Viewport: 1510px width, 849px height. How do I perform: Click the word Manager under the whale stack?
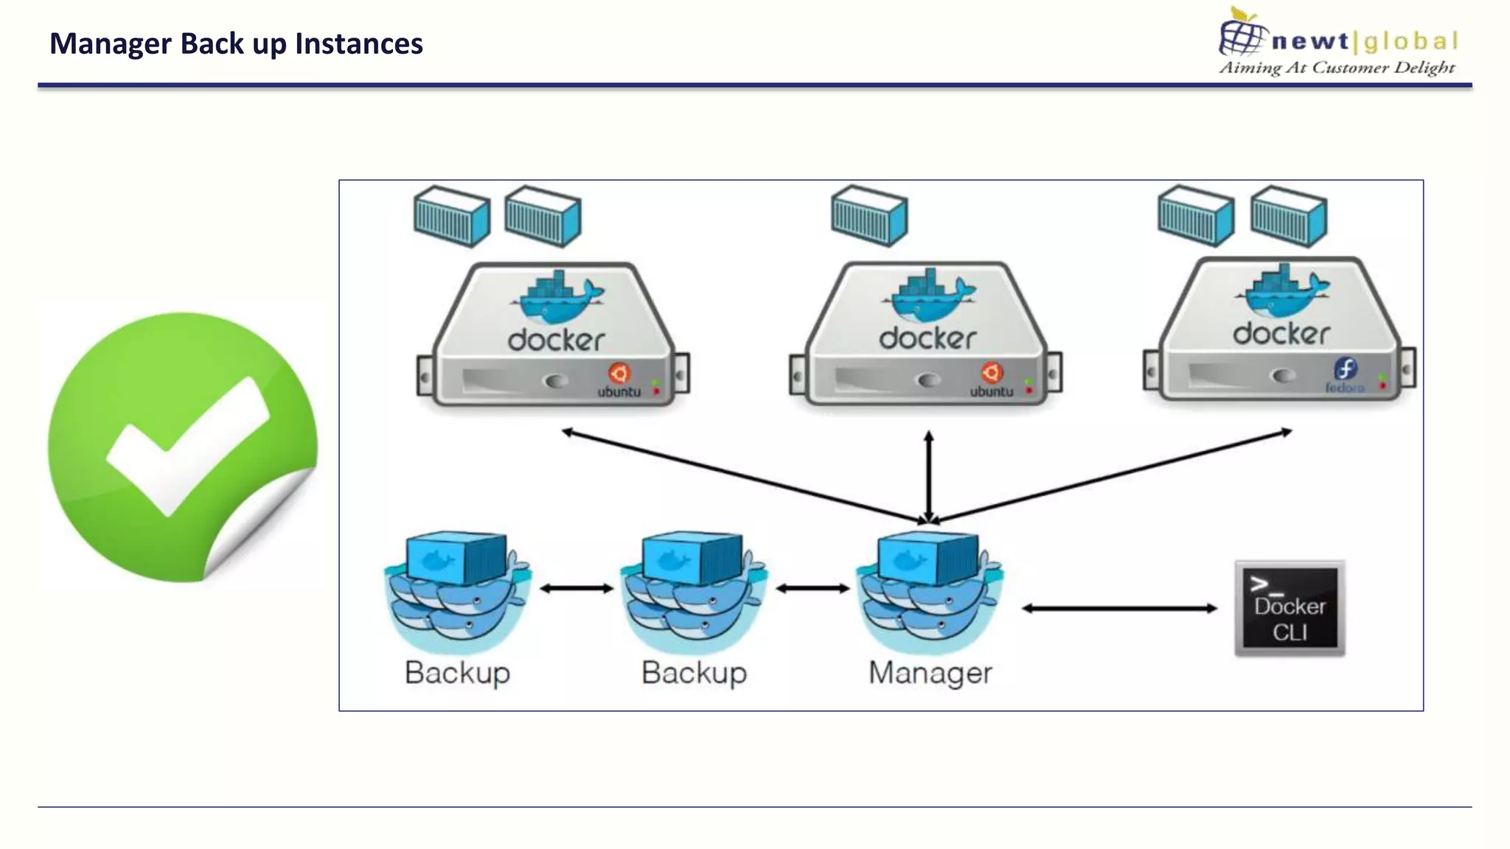[930, 672]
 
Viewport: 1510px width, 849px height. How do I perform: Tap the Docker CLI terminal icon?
[1290, 609]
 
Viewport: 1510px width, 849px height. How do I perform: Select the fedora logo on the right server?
[1345, 368]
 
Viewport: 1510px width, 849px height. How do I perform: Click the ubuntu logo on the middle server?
[992, 373]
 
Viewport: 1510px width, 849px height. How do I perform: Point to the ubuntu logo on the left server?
[619, 373]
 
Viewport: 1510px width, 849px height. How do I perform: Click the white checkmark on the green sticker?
[188, 446]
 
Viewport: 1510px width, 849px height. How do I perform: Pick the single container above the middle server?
[869, 215]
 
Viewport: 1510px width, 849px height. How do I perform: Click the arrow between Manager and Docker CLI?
[1119, 608]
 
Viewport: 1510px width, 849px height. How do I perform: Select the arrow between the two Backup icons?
[577, 588]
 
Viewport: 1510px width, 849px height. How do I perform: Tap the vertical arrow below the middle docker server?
[929, 475]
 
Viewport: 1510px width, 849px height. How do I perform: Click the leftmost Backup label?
[457, 672]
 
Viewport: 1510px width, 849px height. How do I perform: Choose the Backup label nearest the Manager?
[694, 672]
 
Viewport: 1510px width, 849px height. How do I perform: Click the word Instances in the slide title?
[358, 43]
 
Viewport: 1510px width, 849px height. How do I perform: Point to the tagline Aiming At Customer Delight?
[1336, 68]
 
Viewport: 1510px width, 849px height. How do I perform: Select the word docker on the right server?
[1281, 334]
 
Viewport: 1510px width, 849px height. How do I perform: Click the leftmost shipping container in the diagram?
[451, 216]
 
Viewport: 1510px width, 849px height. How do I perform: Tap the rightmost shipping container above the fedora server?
[1289, 215]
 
